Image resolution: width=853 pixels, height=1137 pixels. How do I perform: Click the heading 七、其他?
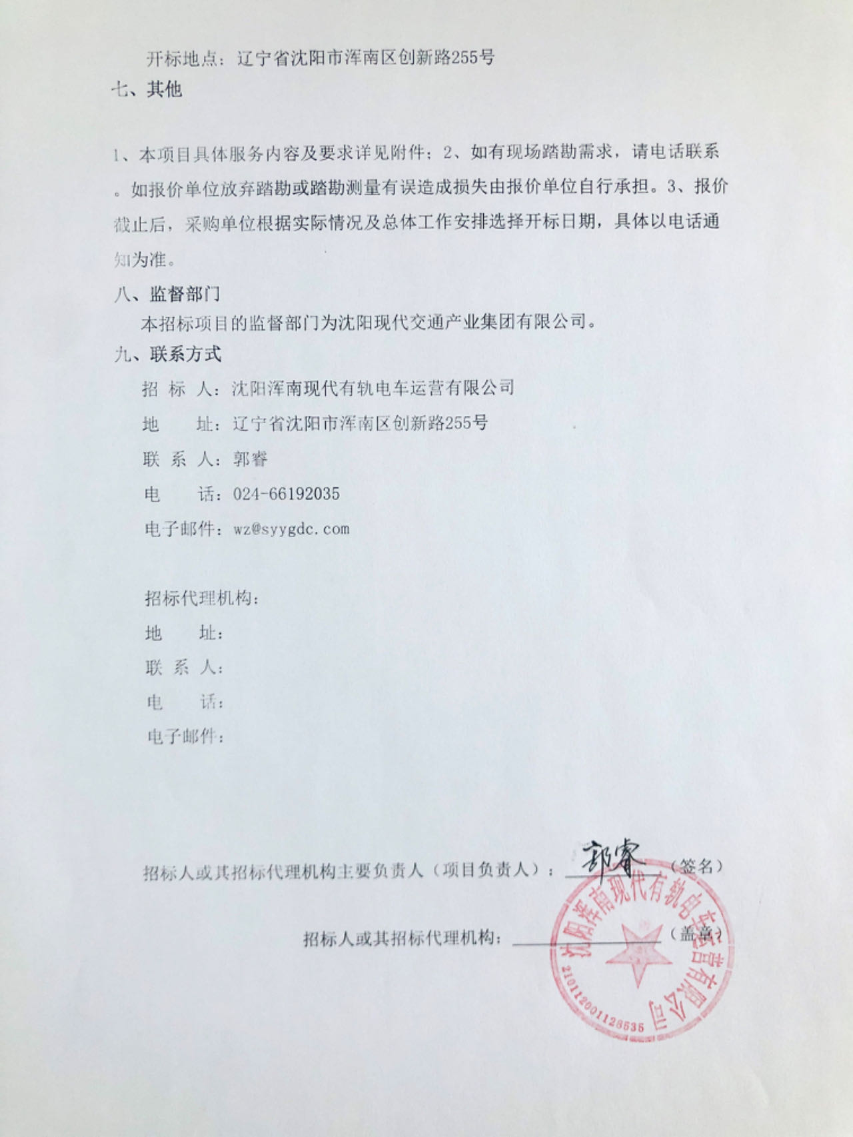(147, 89)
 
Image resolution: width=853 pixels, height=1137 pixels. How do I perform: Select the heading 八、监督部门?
(167, 294)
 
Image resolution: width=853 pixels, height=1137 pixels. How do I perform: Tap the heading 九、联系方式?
(167, 354)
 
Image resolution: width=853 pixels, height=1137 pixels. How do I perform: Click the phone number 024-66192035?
(286, 494)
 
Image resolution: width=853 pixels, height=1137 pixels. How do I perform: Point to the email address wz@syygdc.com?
(291, 529)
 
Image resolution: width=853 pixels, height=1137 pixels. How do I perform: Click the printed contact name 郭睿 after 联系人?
(250, 459)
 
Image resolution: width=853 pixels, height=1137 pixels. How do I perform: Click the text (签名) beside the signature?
(696, 866)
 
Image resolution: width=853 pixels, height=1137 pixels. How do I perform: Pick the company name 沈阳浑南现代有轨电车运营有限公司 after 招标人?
(373, 388)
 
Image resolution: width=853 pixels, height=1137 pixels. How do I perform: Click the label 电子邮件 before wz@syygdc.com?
(179, 529)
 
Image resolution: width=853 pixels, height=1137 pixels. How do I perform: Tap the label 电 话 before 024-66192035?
(179, 494)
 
